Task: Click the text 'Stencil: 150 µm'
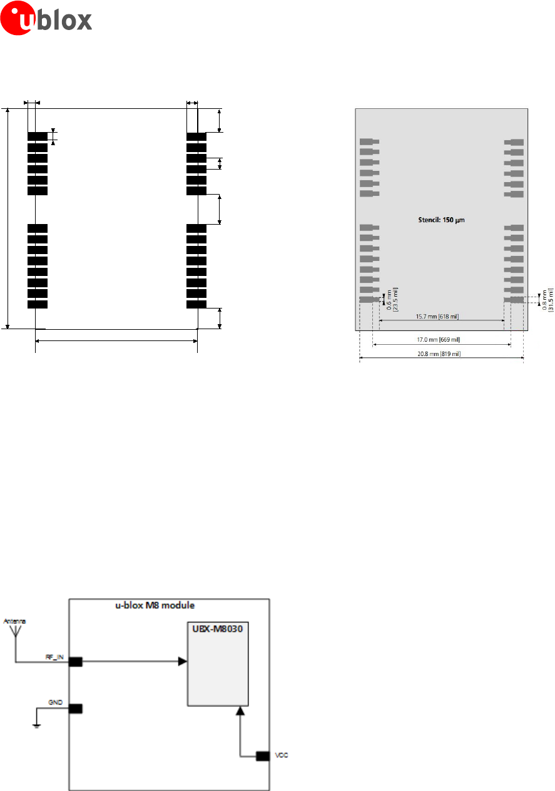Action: [x=442, y=220]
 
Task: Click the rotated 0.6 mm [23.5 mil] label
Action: [x=393, y=299]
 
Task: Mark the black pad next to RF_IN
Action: [x=76, y=662]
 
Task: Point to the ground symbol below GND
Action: [x=36, y=726]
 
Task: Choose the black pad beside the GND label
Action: [x=76, y=709]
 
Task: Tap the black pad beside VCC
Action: [x=263, y=757]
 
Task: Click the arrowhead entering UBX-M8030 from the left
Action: [x=182, y=661]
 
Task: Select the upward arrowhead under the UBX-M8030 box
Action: [x=240, y=712]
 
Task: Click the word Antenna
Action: [x=15, y=621]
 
